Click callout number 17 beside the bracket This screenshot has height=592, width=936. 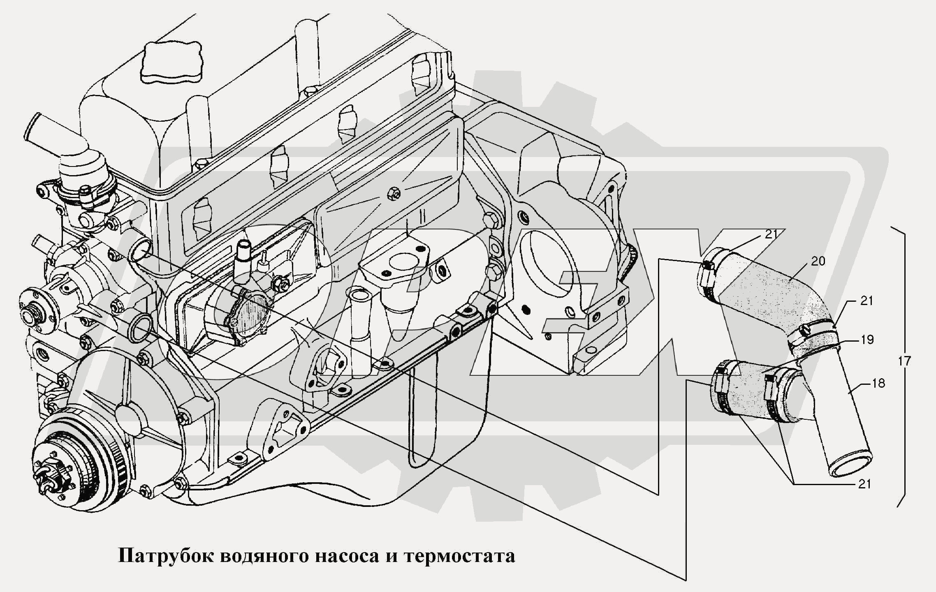point(904,361)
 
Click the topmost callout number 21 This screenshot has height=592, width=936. point(772,234)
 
